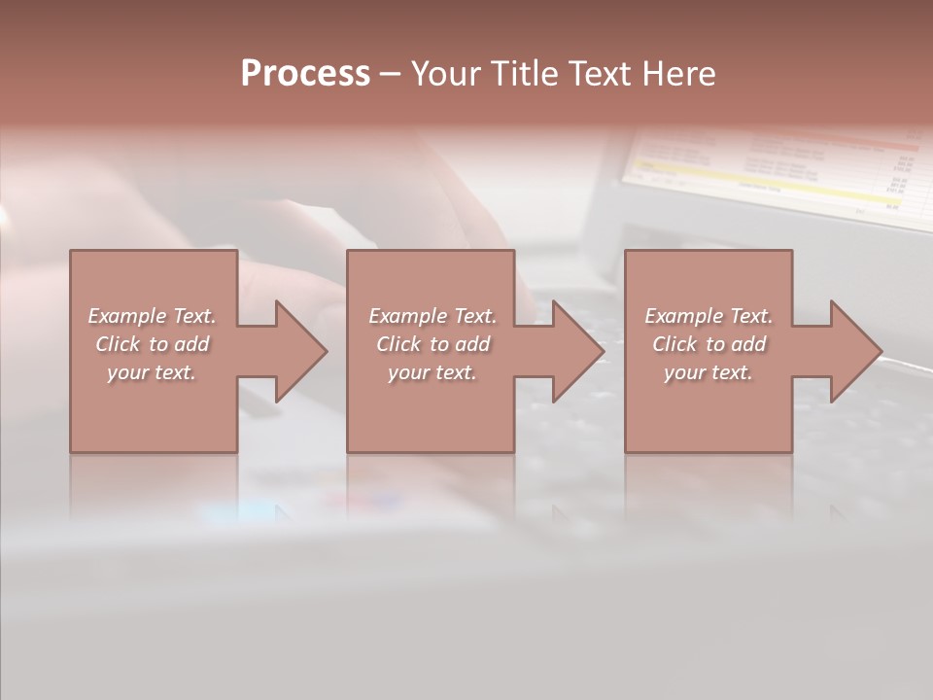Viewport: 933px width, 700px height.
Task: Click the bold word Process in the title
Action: [305, 74]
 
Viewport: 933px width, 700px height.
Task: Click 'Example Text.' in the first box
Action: [152, 316]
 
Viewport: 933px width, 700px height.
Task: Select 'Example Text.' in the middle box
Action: [432, 316]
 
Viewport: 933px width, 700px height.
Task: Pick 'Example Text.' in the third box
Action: [708, 316]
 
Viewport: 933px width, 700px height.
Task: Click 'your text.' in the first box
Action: [152, 372]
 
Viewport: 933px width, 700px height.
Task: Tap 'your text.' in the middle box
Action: [432, 372]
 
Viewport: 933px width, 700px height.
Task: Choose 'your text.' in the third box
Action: [708, 372]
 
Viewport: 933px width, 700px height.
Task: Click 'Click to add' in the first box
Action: [152, 344]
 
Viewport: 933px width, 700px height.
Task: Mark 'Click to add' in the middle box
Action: [432, 344]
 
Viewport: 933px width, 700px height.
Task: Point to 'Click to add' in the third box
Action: [708, 344]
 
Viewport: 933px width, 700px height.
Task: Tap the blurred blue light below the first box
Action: [243, 508]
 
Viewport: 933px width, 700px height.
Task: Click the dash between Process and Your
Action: [390, 75]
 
